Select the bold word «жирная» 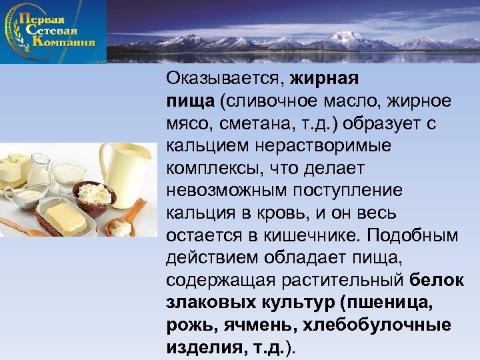[x=325, y=79]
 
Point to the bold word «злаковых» [x=205, y=303]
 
